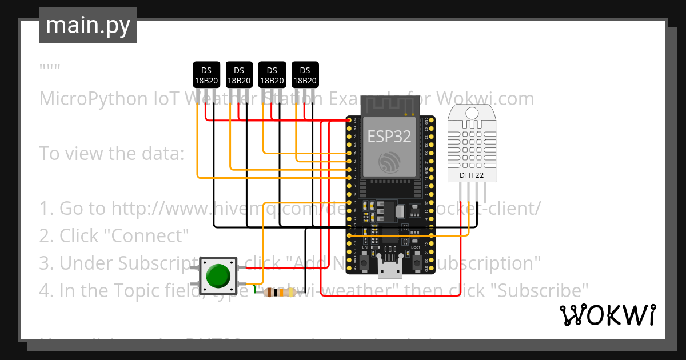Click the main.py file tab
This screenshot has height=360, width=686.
(x=87, y=25)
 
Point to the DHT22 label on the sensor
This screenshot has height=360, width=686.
(x=472, y=175)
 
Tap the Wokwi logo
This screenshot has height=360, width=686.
(x=607, y=315)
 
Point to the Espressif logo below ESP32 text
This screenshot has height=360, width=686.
(x=389, y=162)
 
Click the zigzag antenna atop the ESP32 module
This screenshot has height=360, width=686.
(x=389, y=105)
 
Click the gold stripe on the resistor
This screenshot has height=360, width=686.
(x=290, y=293)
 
